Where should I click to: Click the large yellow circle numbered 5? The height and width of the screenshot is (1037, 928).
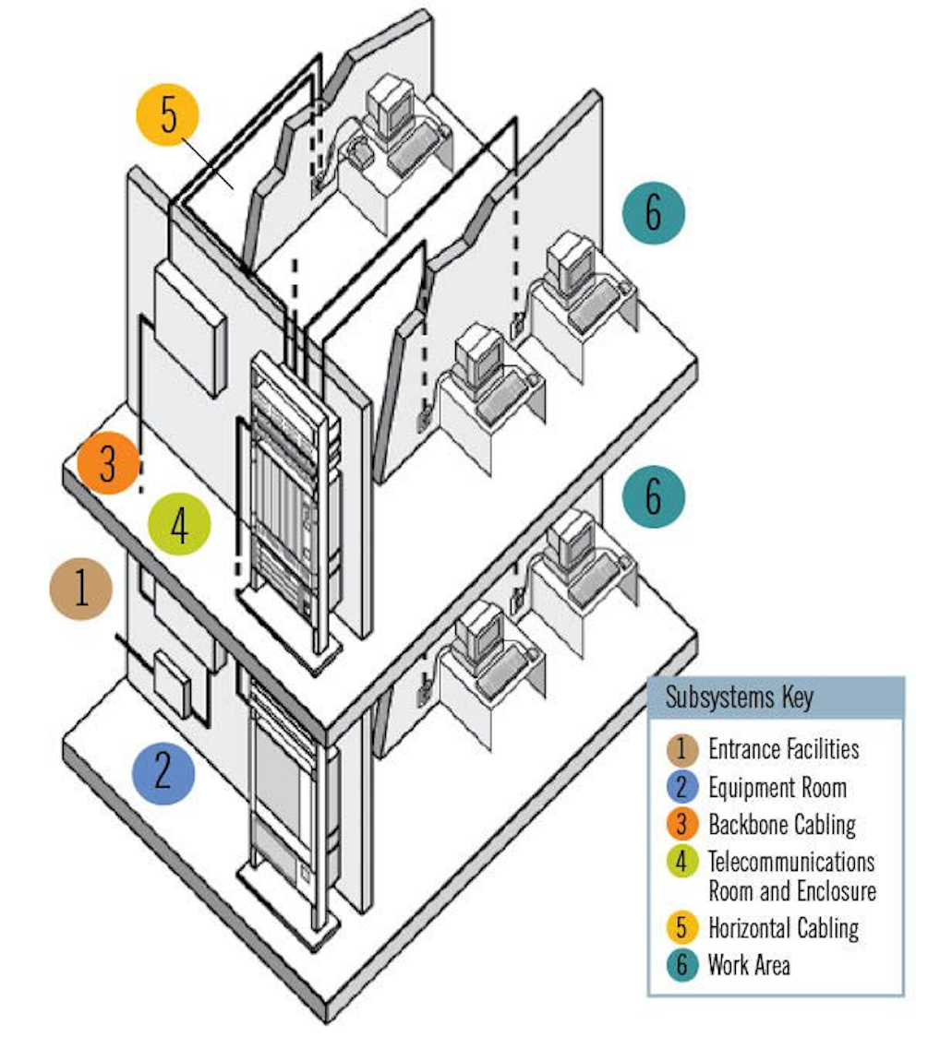point(168,118)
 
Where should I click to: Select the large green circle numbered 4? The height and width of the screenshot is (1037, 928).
point(179,525)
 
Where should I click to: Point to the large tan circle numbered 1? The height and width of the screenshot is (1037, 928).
point(81,588)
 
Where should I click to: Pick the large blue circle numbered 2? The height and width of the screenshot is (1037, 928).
point(163,771)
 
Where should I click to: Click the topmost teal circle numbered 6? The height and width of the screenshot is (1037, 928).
point(654,212)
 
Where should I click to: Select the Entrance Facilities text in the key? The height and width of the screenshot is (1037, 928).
point(783,748)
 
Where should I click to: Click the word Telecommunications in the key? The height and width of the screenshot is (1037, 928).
point(791,862)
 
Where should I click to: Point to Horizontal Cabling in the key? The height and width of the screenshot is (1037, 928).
point(783,927)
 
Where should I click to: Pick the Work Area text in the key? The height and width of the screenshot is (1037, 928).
point(749,965)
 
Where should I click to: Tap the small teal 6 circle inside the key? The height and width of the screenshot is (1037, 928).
point(682,966)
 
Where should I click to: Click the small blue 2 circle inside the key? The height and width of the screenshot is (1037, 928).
point(682,788)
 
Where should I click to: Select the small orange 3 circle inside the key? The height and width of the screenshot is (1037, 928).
point(682,824)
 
